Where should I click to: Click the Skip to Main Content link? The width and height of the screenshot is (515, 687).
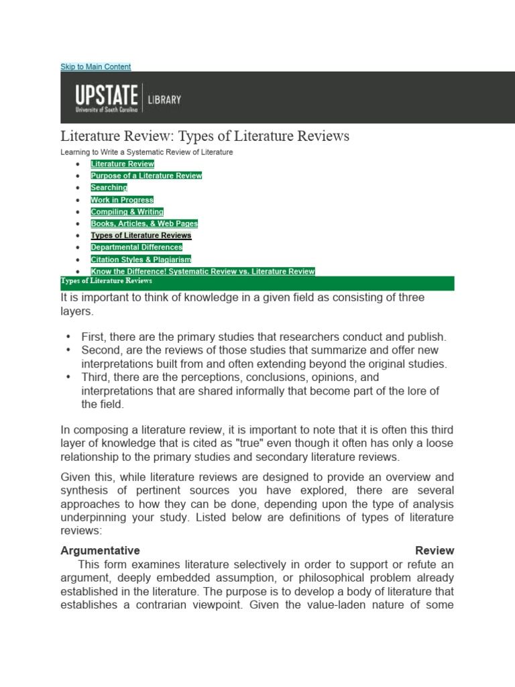95,66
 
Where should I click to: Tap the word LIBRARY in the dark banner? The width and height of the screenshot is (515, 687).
164,99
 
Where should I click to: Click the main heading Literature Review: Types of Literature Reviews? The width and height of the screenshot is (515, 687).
205,136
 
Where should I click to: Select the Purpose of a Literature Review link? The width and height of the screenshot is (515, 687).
146,176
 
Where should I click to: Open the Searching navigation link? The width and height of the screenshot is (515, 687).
109,188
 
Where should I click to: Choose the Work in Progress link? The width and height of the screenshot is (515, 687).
122,200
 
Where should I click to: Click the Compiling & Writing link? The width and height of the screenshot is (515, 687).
127,212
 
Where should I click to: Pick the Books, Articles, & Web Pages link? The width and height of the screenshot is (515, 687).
144,223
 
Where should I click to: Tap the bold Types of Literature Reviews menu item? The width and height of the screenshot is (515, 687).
141,235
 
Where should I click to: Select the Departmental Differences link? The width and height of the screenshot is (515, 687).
136,248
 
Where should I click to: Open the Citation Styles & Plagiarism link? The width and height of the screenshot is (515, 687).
141,260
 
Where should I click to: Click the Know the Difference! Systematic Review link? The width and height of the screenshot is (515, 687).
203,272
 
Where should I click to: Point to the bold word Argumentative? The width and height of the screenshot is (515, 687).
100,550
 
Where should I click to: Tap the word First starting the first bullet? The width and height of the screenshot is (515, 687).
93,337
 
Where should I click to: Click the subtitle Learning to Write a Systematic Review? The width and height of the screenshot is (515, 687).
147,152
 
